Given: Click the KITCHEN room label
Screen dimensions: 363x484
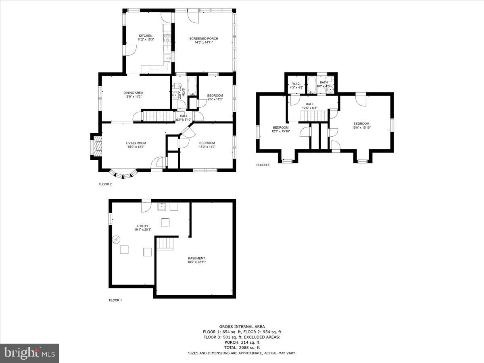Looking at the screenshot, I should pyautogui.click(x=145, y=35).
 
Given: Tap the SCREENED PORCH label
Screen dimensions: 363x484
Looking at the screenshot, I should pyautogui.click(x=204, y=39).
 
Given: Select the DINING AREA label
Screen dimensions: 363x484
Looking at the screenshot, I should pyautogui.click(x=133, y=93).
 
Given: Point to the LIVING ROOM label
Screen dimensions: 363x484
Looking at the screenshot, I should pyautogui.click(x=136, y=143).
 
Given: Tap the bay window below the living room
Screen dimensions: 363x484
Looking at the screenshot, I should pyautogui.click(x=124, y=174).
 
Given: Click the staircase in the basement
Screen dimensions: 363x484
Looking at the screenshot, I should pyautogui.click(x=165, y=244).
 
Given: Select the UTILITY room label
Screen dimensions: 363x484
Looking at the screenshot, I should pyautogui.click(x=143, y=226).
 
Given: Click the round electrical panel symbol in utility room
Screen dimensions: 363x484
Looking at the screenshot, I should pyautogui.click(x=116, y=240).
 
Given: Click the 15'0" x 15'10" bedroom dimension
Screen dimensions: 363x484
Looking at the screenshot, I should pyautogui.click(x=361, y=127).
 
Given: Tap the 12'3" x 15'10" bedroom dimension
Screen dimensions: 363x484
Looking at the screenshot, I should pyautogui.click(x=280, y=131).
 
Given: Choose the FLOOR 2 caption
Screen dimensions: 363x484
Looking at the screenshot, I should pyautogui.click(x=105, y=184).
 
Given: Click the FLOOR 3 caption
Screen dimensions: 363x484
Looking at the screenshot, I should pyautogui.click(x=263, y=165).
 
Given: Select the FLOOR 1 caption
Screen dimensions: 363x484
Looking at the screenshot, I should pyautogui.click(x=115, y=300).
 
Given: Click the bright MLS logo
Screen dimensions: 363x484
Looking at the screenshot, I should pyautogui.click(x=29, y=353).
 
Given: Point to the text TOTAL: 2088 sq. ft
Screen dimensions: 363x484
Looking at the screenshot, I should pyautogui.click(x=242, y=347).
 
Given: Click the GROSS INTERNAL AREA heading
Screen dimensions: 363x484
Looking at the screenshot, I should pyautogui.click(x=242, y=326).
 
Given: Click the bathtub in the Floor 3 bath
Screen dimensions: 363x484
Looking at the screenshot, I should pyautogui.click(x=312, y=85).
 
